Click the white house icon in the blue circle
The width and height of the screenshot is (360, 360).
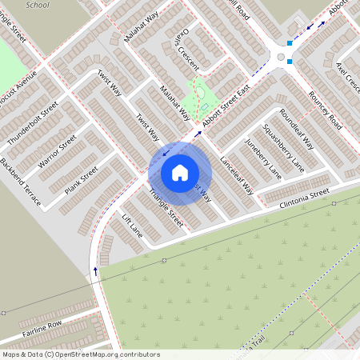179,173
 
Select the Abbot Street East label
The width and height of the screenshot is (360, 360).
226,105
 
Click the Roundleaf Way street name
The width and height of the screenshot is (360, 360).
298,127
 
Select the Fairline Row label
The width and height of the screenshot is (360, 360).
42,327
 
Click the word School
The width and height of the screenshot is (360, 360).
37,4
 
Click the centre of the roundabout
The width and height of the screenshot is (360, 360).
281,56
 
